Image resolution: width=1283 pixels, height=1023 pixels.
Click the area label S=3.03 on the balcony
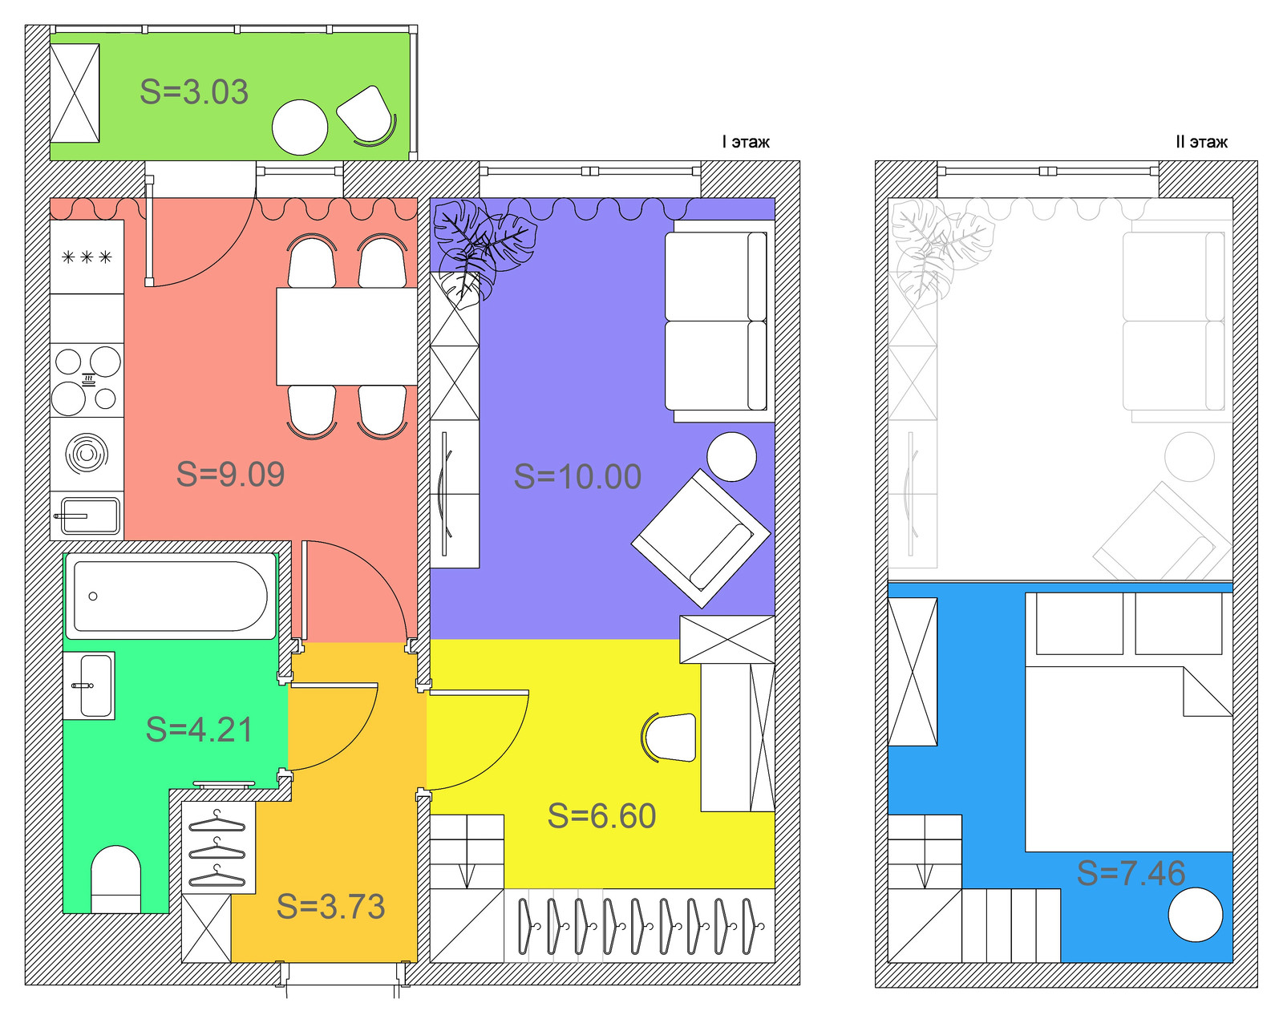coord(194,92)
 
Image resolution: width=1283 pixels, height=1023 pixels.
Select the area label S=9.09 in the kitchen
coord(230,474)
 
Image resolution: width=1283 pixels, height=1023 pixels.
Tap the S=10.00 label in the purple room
coord(577,476)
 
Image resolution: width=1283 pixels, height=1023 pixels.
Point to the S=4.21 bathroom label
coord(199,729)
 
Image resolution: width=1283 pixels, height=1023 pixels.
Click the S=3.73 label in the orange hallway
coord(331,906)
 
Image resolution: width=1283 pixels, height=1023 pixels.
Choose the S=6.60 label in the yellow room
coord(601,815)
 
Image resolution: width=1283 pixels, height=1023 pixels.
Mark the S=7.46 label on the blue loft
coord(1131,873)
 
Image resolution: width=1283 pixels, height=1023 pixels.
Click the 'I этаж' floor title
coord(746,142)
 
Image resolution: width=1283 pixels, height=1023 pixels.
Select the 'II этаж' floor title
coord(1201,142)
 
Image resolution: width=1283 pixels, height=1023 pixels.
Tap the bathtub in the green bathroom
coord(171,596)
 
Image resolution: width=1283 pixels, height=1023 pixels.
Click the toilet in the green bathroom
coord(115,879)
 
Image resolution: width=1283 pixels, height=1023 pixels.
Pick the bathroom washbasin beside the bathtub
coord(90,685)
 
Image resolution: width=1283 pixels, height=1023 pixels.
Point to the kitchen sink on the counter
coord(87,516)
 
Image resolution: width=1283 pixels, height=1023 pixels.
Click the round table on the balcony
coord(300,127)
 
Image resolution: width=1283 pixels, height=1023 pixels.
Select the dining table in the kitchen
coord(346,337)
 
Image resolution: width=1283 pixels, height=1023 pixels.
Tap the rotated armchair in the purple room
coord(701,538)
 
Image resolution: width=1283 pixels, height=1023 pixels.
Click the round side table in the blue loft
coord(1196,915)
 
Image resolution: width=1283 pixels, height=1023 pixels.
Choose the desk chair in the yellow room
coord(670,738)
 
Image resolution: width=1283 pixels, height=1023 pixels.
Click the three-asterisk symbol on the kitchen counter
coord(87,257)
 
